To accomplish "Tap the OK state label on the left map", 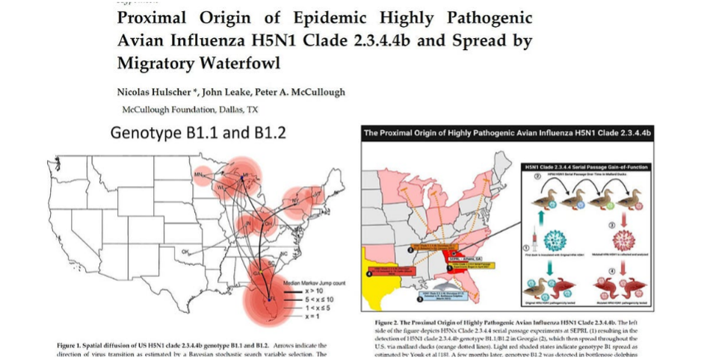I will click(184, 251).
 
